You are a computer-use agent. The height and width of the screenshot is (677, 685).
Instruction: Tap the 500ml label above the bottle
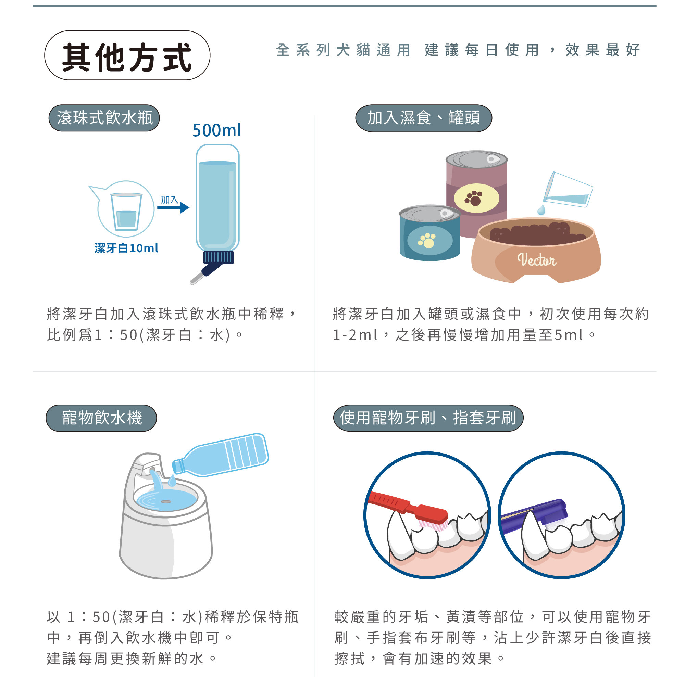[x=217, y=130]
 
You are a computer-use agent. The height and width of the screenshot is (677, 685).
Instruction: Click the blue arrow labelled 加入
[x=173, y=207]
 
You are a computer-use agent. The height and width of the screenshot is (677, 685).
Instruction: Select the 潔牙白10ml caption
[x=126, y=248]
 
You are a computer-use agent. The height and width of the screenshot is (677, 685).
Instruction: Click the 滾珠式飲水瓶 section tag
[x=104, y=118]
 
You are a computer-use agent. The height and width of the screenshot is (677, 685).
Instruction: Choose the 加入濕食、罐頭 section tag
[x=423, y=118]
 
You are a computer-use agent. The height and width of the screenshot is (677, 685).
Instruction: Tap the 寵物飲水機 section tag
[x=101, y=418]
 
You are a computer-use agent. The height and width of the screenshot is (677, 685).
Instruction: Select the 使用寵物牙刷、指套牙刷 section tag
[x=428, y=418]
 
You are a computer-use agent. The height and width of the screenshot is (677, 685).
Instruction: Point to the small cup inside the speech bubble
[x=126, y=212]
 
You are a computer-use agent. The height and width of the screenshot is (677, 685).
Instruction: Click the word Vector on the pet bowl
[x=536, y=260]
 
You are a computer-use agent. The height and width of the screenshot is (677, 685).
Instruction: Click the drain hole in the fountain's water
[x=166, y=502]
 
